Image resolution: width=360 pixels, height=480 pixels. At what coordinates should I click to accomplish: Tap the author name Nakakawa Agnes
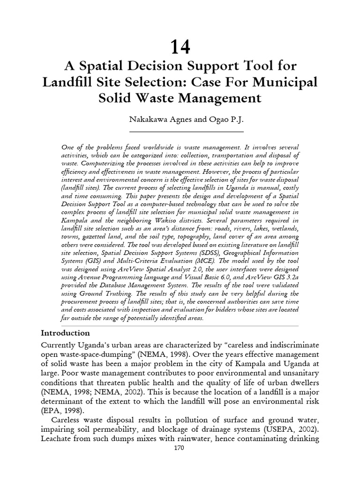[x=154, y=120]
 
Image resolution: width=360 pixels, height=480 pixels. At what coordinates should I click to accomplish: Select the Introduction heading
[x=65, y=333]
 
